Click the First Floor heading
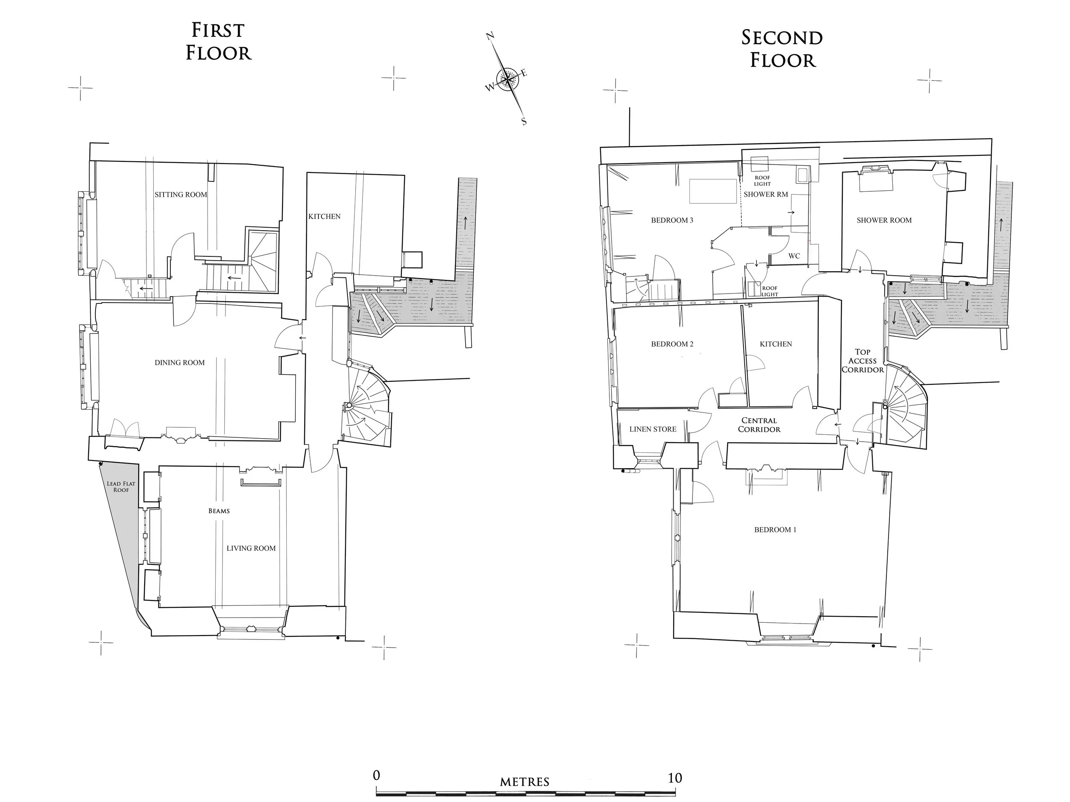click(219, 42)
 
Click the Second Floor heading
click(782, 49)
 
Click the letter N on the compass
click(490, 36)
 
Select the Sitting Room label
click(181, 194)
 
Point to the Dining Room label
click(179, 362)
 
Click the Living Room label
click(251, 548)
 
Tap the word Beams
click(219, 511)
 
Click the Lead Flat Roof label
click(121, 487)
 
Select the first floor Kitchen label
click(324, 216)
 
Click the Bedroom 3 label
click(672, 220)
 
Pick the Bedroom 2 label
click(672, 344)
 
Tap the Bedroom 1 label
click(775, 530)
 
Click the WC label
click(794, 256)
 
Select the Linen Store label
click(653, 429)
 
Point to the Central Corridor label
click(758, 425)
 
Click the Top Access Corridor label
click(862, 361)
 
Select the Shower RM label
click(766, 194)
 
